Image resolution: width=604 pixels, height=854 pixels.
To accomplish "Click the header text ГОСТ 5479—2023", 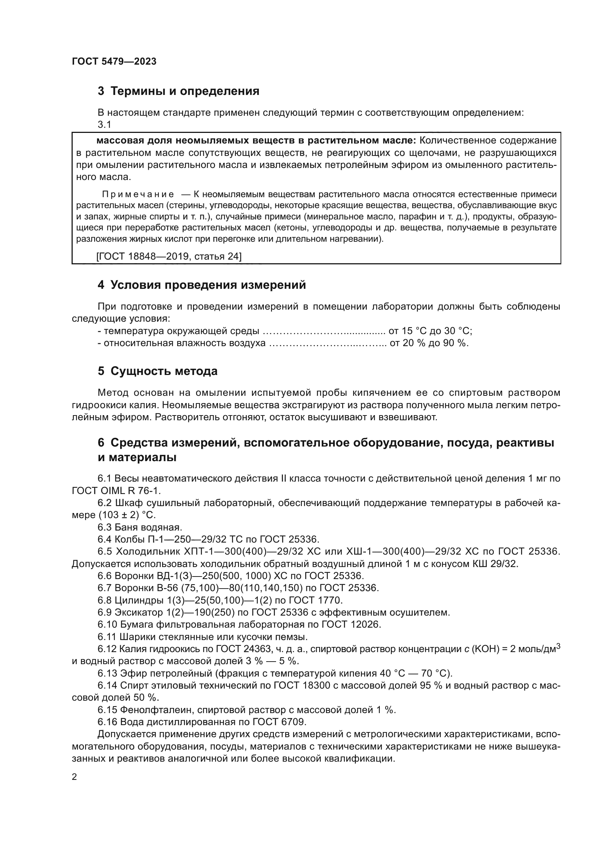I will click(114, 61).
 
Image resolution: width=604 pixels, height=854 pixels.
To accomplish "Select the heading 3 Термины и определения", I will click(178, 91).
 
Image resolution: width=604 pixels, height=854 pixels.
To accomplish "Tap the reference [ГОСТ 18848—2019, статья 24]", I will click(169, 256).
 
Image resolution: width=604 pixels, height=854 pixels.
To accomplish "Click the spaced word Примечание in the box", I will click(138, 194).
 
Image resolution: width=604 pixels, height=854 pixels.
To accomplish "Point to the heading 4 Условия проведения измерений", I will click(202, 285).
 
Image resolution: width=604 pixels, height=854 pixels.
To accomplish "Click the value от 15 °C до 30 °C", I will click(430, 331).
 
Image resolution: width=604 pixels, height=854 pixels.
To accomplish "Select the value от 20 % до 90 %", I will click(429, 343).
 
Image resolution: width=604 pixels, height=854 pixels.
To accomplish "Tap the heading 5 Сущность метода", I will click(157, 371).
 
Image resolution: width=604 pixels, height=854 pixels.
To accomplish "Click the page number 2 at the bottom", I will click(74, 777).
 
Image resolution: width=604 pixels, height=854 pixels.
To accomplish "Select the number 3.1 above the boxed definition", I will click(104, 125).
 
